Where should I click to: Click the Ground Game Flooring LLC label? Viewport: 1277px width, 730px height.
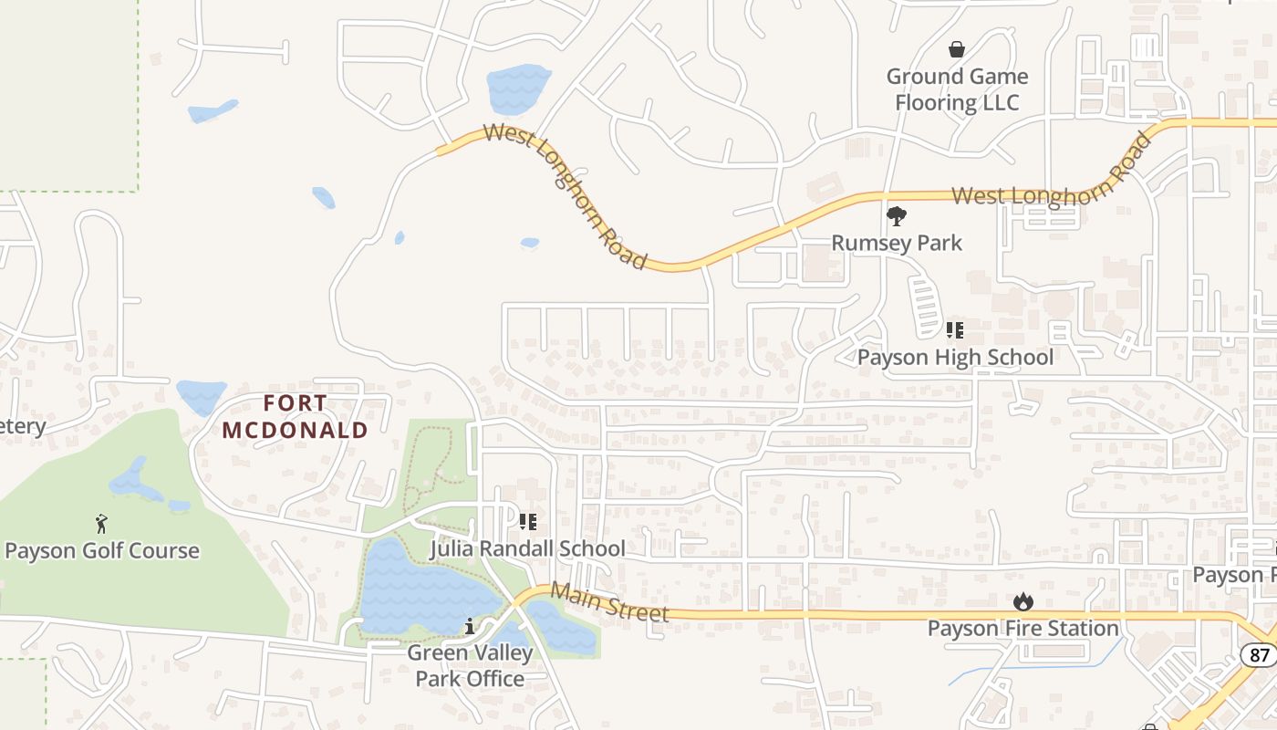tap(957, 89)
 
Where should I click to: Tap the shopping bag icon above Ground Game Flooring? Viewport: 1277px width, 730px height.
tap(957, 49)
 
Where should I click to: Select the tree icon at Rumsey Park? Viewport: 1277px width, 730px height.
tap(897, 216)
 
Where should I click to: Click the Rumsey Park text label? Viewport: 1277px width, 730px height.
tap(897, 243)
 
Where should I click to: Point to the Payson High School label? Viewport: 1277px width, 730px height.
tap(955, 357)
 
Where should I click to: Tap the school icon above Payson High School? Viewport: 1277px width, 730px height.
tap(955, 329)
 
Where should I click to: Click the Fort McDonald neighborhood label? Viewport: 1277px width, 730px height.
tap(296, 416)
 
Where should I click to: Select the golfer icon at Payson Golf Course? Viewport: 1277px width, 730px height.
tap(101, 524)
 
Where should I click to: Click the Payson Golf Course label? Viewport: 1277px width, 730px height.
tap(102, 550)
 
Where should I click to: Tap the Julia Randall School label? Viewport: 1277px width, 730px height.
tap(527, 548)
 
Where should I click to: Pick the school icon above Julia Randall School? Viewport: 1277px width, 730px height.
tap(527, 522)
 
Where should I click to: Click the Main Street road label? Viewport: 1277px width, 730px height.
tap(610, 603)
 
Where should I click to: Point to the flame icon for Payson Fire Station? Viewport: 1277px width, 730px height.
tap(1023, 602)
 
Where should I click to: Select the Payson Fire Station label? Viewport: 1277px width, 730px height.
tap(1023, 629)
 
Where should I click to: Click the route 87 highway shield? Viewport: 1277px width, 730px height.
tap(1258, 654)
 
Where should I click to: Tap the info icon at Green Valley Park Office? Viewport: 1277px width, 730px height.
tap(469, 627)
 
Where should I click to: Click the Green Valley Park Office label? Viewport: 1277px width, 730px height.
tap(469, 666)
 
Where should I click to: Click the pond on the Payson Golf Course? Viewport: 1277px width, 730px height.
tap(137, 482)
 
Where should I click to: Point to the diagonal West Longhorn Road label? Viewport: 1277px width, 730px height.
tap(566, 196)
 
